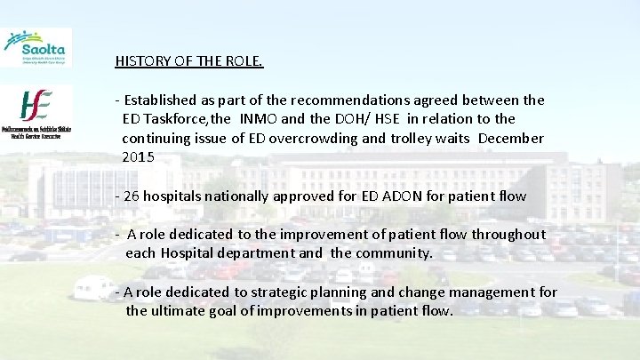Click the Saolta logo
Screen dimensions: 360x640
pos(37,47)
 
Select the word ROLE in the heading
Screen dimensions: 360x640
pos(244,62)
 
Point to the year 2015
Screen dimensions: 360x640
pos(138,157)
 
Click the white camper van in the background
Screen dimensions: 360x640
pos(94,286)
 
